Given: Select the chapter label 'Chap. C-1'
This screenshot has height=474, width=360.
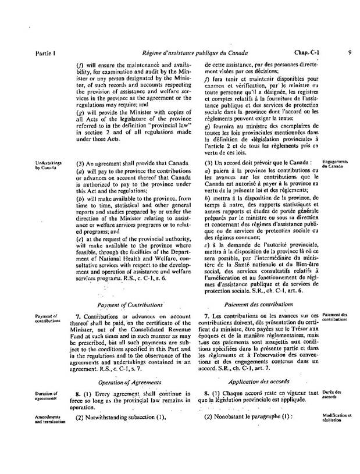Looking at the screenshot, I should click(x=308, y=53).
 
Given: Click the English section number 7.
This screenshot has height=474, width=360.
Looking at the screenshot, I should click(x=79, y=315).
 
